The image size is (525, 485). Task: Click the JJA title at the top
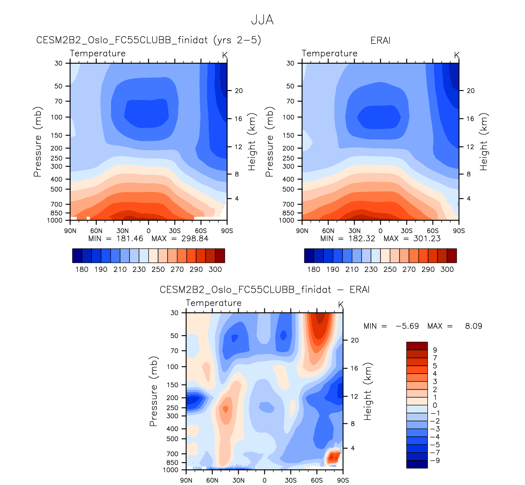262,20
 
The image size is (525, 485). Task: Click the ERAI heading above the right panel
380,40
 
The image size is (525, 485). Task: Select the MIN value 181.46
130,238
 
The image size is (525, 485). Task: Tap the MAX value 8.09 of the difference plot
473,326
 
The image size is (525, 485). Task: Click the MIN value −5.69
407,326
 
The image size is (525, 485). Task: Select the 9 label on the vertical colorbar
435,350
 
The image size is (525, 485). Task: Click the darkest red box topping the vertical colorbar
417,346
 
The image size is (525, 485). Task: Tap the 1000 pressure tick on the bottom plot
170,470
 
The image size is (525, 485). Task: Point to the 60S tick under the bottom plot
317,480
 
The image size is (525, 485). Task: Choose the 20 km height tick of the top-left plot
239,91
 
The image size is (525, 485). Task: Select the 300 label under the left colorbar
215,269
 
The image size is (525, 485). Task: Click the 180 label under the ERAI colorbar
313,269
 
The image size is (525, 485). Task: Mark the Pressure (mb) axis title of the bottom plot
153,391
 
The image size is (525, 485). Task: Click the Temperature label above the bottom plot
213,303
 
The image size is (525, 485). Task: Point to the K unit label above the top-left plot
225,55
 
